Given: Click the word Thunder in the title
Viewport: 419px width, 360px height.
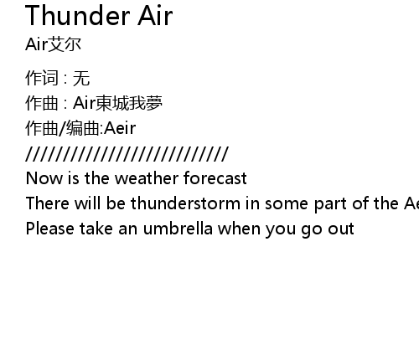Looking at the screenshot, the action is (x=78, y=16).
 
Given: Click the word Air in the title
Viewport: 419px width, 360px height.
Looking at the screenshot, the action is (x=155, y=16).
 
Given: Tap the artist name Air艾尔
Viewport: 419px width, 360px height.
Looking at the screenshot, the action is (x=53, y=44).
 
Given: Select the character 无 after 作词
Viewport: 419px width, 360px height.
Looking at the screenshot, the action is (x=81, y=78).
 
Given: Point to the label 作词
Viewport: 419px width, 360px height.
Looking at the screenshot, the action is (x=42, y=78).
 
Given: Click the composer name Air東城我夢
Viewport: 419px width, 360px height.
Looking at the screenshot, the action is (x=117, y=103).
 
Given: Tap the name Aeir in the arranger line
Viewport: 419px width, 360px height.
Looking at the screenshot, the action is (x=120, y=128).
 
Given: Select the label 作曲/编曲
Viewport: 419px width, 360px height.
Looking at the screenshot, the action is (x=63, y=128).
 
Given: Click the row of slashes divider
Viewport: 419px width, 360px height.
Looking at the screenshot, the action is (x=127, y=154).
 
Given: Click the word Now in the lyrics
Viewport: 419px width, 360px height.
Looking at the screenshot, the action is (x=44, y=178).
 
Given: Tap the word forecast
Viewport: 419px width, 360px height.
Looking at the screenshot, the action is (x=215, y=178).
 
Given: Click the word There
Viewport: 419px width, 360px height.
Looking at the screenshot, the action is (x=47, y=203).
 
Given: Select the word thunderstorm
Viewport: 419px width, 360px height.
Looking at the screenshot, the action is (x=185, y=203).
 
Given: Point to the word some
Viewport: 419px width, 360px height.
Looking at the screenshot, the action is (x=287, y=203).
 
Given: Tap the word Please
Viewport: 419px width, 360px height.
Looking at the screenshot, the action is (x=49, y=229).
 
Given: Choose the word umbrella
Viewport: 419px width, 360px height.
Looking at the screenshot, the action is (x=178, y=229).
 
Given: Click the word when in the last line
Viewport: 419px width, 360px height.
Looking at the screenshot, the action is (x=239, y=229).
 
